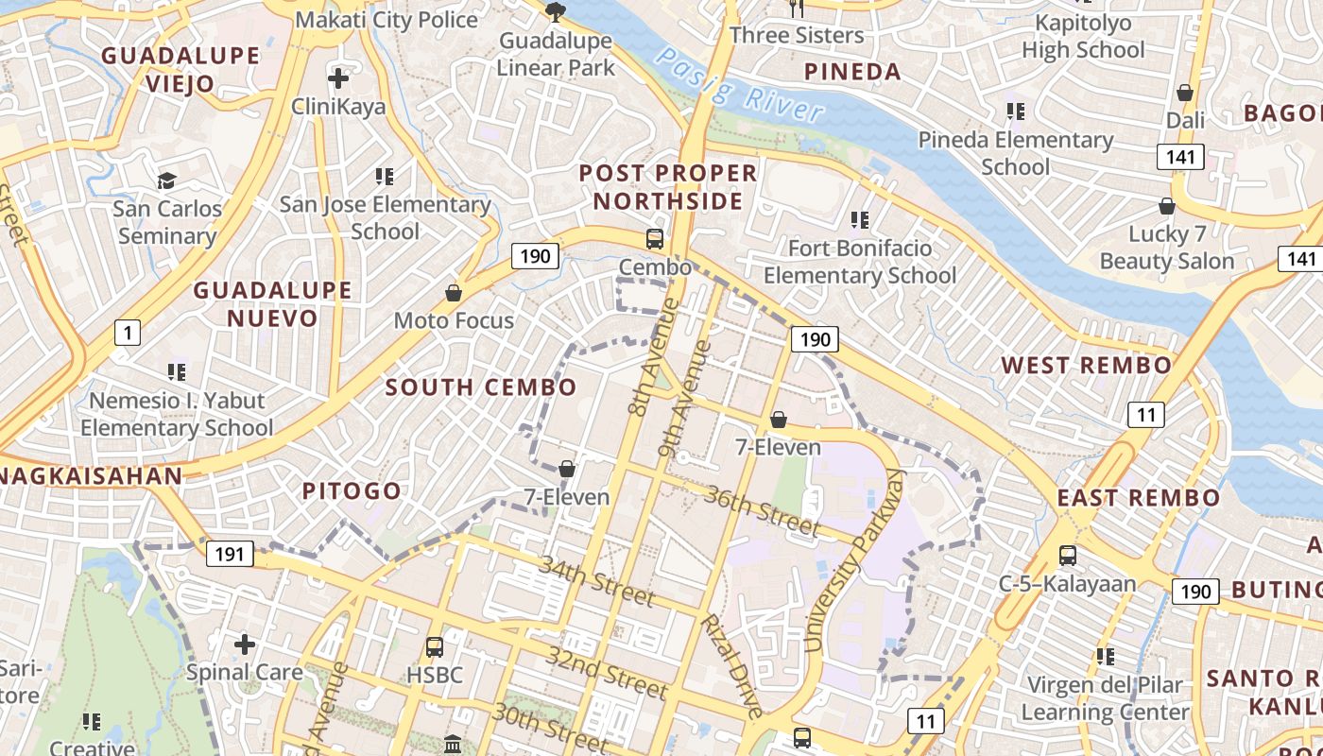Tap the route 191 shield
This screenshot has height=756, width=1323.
[x=230, y=553]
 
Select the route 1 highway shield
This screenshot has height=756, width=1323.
[x=127, y=332]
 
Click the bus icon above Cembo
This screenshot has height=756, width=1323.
[x=654, y=238]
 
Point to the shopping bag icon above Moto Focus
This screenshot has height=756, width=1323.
[x=454, y=293]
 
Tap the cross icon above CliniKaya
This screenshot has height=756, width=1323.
[x=337, y=77]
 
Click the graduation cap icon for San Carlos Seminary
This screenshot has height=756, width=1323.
[x=167, y=180]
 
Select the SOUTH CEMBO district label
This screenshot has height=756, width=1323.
[x=480, y=387]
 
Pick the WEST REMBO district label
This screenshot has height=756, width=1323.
[x=1086, y=366]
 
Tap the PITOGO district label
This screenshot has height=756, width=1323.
[x=352, y=491]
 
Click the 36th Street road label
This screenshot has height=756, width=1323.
[x=762, y=510]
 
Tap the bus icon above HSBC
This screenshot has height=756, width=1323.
[x=434, y=647]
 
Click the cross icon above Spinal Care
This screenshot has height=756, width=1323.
[x=245, y=644]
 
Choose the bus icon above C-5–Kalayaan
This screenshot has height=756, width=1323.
[x=1067, y=556]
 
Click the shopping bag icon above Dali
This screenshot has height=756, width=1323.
[x=1184, y=93]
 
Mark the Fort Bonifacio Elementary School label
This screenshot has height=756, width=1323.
[x=860, y=262]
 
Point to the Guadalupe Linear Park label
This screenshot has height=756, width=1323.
[x=556, y=55]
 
